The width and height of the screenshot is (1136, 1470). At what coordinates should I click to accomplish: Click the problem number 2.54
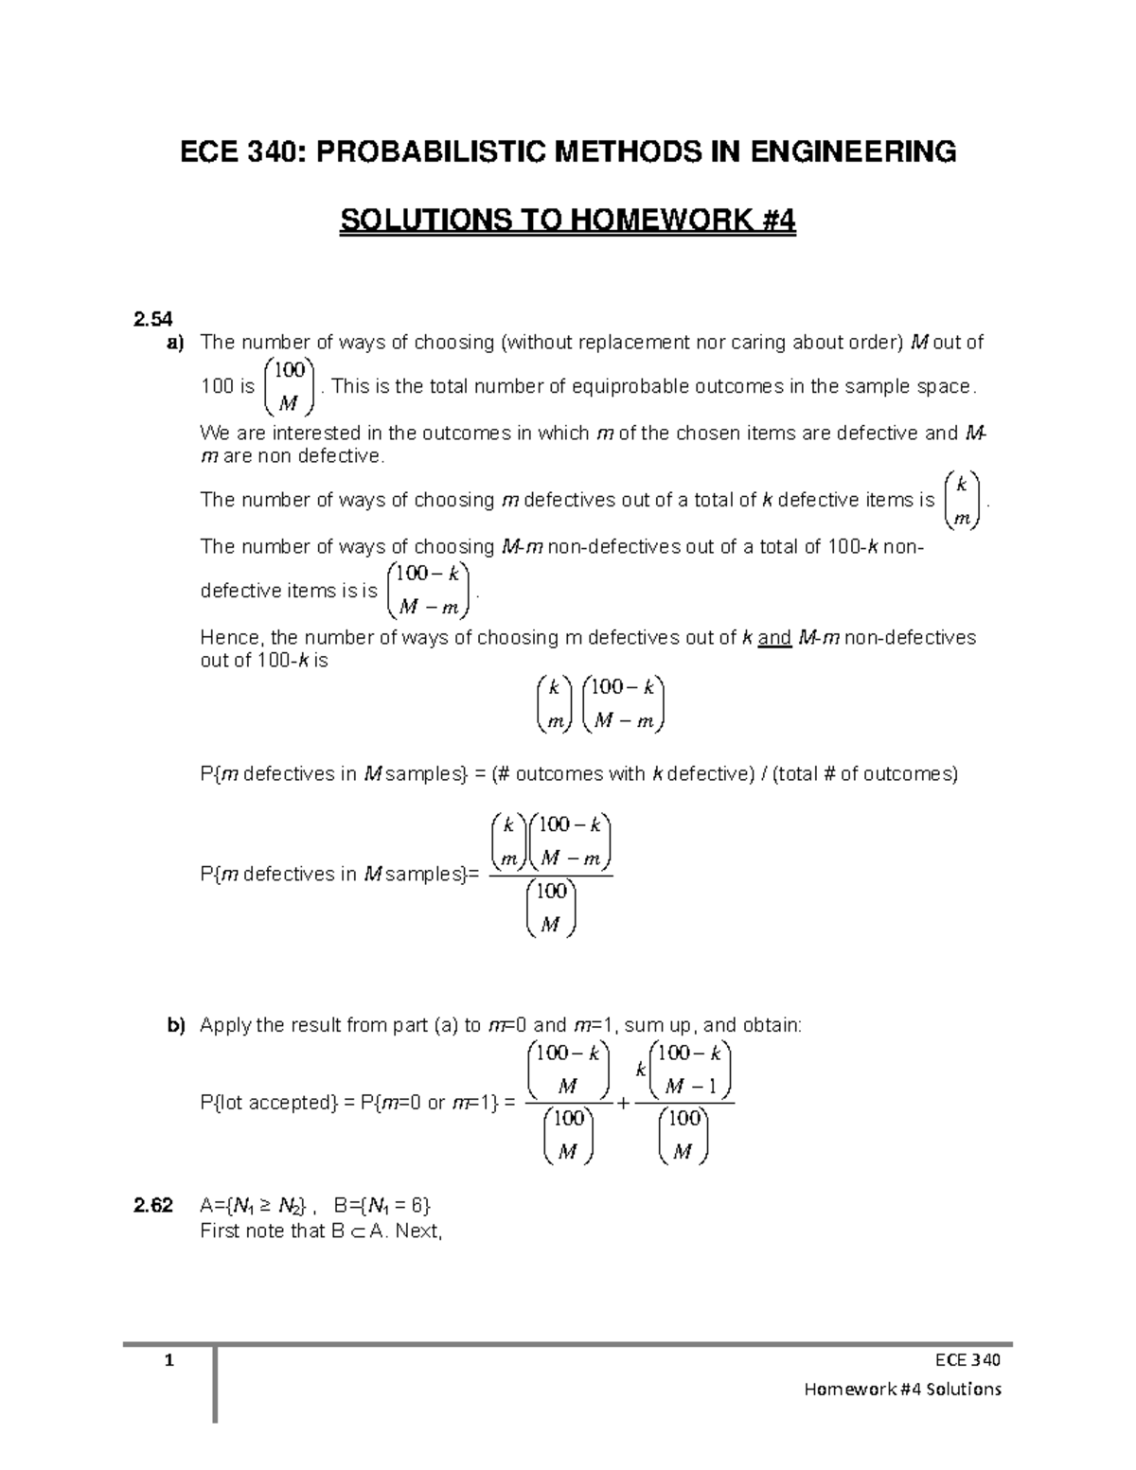click(152, 319)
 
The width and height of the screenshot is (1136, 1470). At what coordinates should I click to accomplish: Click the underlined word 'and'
click(774, 638)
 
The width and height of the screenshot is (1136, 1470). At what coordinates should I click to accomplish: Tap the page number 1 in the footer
click(169, 1361)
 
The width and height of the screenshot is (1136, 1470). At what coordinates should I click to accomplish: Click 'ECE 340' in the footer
click(967, 1361)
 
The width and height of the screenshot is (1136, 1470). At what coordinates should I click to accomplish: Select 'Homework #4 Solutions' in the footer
click(901, 1390)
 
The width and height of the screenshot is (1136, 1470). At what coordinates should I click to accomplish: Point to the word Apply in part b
click(225, 1025)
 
